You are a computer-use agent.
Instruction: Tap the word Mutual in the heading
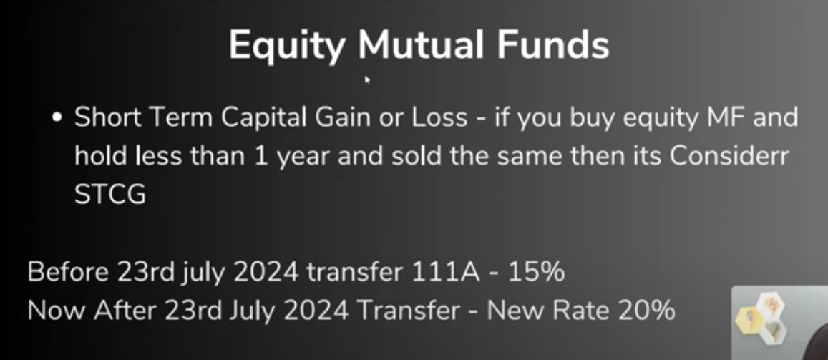coord(421,44)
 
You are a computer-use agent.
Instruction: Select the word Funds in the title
coord(553,44)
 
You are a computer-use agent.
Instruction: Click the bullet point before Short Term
coord(57,118)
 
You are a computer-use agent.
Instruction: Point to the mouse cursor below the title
coord(367,79)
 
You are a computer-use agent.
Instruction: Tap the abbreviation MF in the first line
coord(719,117)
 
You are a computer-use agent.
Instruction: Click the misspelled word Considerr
coord(729,156)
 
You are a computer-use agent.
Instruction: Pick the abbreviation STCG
coord(109,195)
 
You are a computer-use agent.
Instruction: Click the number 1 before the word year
coord(261,156)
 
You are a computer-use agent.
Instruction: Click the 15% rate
coord(536,273)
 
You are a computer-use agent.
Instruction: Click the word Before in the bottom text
coord(67,273)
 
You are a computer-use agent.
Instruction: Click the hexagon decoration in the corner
coord(761,318)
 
